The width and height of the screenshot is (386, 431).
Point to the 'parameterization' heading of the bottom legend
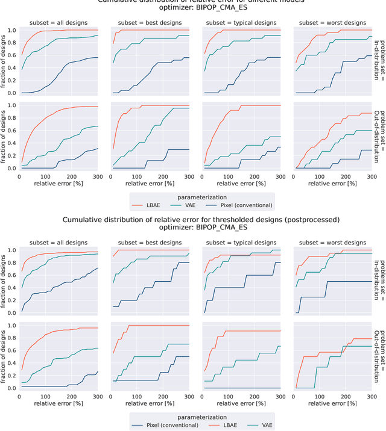[202, 416]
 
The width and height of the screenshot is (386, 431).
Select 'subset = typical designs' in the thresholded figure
[241, 242]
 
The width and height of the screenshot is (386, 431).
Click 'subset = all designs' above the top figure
[59, 23]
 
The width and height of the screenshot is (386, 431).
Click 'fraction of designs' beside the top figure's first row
[5, 62]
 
